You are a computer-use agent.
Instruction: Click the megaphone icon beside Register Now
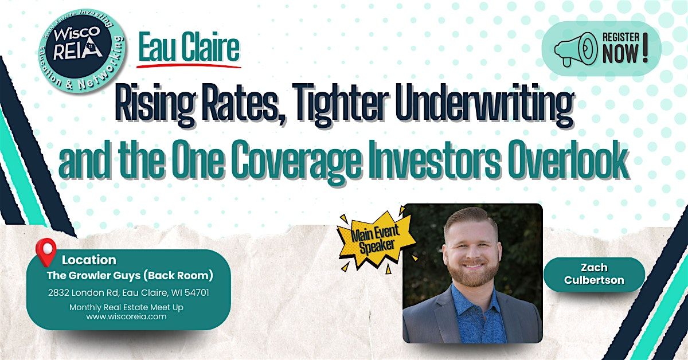tap(575, 49)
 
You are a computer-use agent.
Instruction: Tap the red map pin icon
tap(46, 252)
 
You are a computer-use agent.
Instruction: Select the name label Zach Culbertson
tap(594, 274)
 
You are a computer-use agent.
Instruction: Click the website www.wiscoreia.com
tap(126, 316)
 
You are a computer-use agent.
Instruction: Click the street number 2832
tap(58, 292)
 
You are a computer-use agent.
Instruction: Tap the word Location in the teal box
tap(89, 260)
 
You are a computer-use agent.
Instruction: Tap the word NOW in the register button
tap(620, 53)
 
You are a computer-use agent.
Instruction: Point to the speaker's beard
tap(473, 272)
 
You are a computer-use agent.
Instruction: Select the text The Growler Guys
tap(93, 276)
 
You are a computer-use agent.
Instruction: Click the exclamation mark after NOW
tap(645, 48)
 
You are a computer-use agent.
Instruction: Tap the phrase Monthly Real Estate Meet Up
tap(126, 307)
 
